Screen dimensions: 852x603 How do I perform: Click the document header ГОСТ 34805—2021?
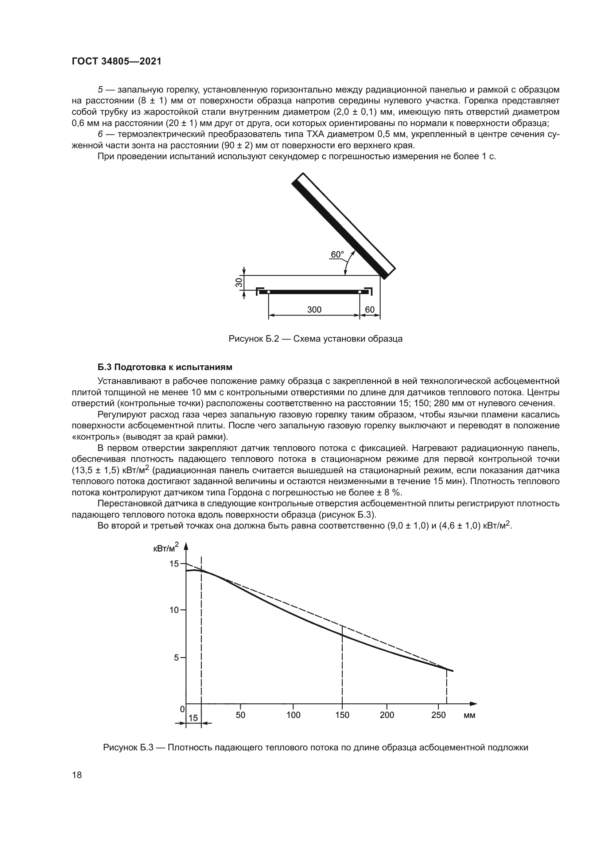(117, 61)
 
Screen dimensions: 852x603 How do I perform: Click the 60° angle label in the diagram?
(337, 255)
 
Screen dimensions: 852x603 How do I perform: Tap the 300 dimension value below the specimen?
(314, 310)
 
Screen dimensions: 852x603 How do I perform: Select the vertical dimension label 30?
(239, 282)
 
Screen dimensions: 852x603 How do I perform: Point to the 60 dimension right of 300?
(370, 310)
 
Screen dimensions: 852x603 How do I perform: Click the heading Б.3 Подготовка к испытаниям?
(165, 368)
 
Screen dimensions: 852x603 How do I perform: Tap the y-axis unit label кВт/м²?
(166, 547)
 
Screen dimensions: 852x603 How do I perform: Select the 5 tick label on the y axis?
(176, 658)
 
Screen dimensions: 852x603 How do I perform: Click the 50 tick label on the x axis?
(241, 715)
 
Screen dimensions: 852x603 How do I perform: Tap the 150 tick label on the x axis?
(342, 715)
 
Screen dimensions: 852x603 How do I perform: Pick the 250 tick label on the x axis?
(439, 715)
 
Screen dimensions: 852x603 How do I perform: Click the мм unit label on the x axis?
(469, 715)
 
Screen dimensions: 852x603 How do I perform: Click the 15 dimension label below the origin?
(193, 718)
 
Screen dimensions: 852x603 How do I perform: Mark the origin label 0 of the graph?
(182, 709)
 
